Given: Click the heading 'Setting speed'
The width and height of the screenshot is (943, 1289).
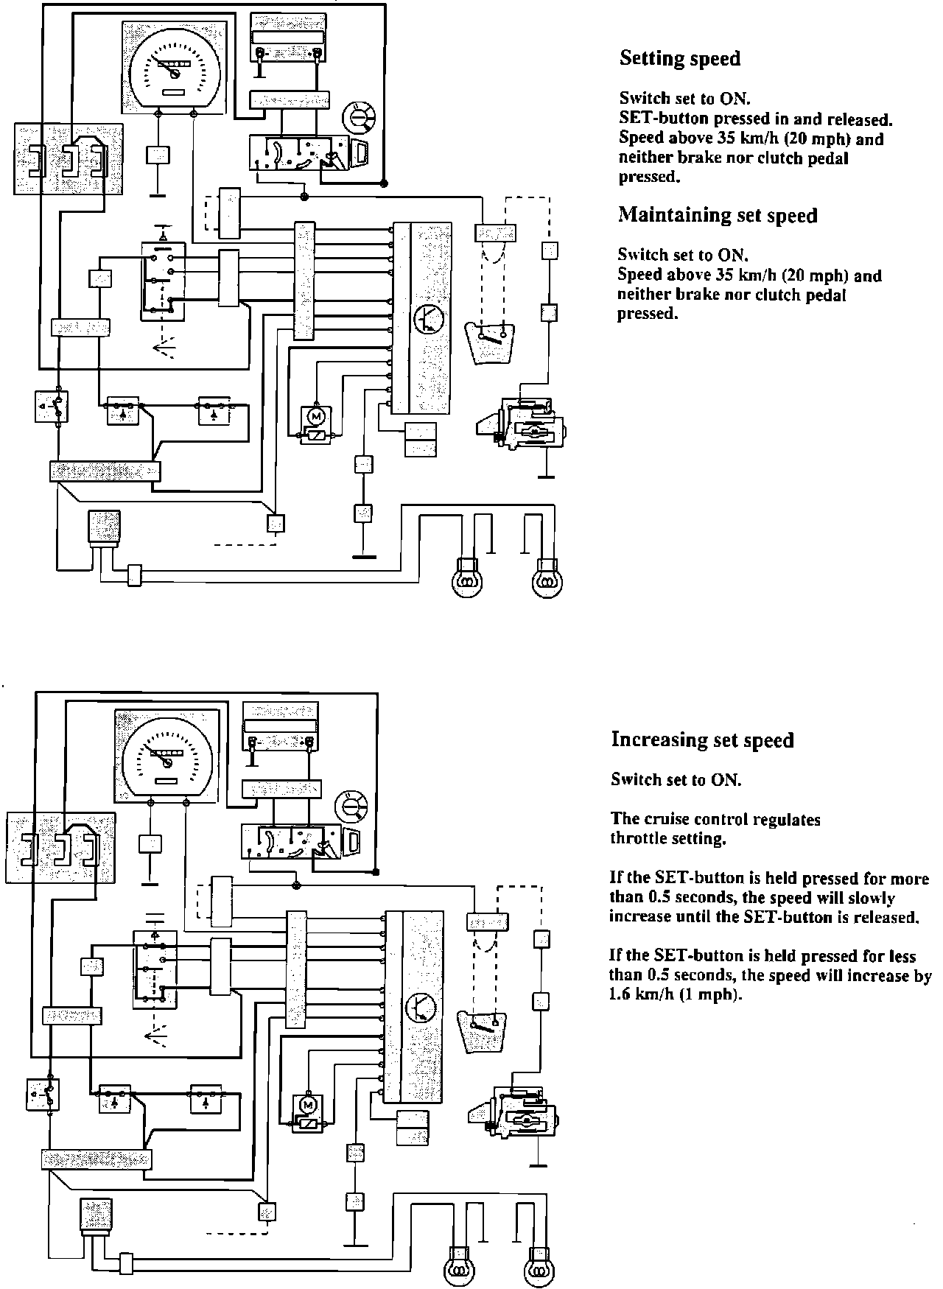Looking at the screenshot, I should pyautogui.click(x=679, y=58).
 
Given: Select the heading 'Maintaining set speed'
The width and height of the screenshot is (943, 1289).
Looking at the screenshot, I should pyautogui.click(x=718, y=215).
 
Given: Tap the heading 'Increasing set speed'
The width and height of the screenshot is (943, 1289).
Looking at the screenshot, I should pyautogui.click(x=702, y=740).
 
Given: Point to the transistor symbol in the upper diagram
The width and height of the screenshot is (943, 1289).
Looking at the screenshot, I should pyautogui.click(x=427, y=318).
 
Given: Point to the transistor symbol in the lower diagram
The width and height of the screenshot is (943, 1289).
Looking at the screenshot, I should pyautogui.click(x=421, y=1007).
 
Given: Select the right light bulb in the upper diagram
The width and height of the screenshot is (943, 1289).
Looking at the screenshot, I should pyautogui.click(x=547, y=579).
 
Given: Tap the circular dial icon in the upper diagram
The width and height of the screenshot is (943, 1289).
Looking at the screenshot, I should pyautogui.click(x=360, y=116).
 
